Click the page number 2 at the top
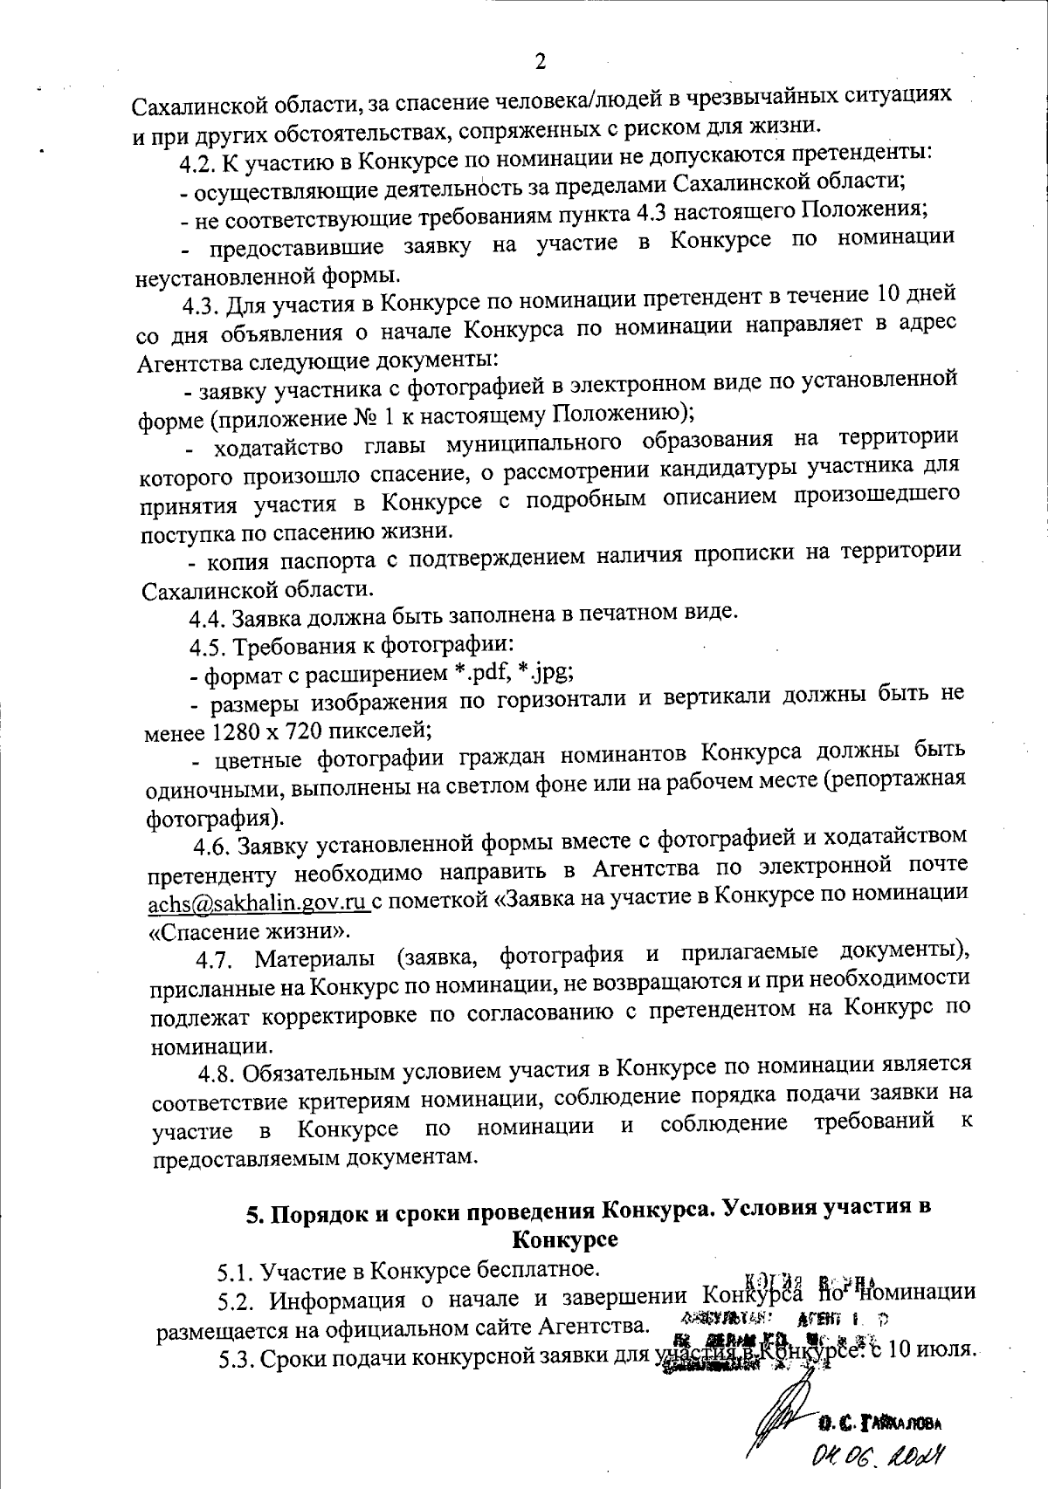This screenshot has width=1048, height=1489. pyautogui.click(x=539, y=61)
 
